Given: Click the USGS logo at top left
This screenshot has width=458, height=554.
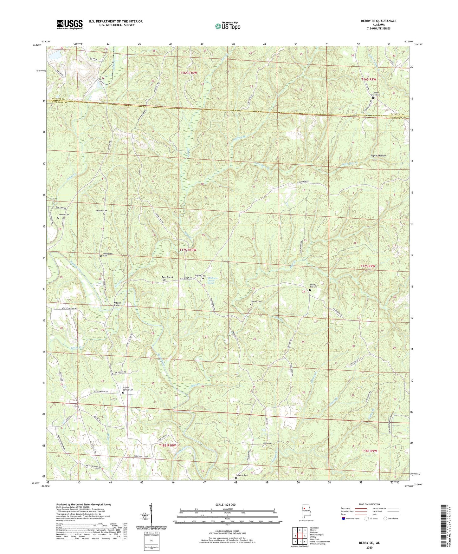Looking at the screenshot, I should tap(70, 24).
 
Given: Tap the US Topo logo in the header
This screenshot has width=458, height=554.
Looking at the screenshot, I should tap(227, 26).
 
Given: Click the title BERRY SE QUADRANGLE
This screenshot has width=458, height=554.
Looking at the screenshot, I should tap(378, 21).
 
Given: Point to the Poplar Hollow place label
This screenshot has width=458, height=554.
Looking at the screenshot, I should tap(378, 156).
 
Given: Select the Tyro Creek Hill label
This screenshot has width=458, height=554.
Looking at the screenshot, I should tap(167, 279).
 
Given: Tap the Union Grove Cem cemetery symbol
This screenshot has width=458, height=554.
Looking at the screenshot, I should tap(373, 98).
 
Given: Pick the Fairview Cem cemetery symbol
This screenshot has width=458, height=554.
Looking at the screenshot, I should tap(104, 214).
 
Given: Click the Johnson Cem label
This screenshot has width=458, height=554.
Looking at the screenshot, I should tap(63, 214).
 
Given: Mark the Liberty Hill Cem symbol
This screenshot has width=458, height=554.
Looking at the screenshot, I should tap(310, 290).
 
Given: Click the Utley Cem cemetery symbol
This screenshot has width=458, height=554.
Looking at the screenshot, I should tap(263, 446).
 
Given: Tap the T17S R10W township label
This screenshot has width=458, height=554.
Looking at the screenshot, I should tap(188, 250).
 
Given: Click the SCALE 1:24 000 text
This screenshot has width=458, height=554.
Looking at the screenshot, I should tap(225, 505).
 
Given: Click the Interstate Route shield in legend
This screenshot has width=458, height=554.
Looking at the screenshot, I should tap(343, 518).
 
